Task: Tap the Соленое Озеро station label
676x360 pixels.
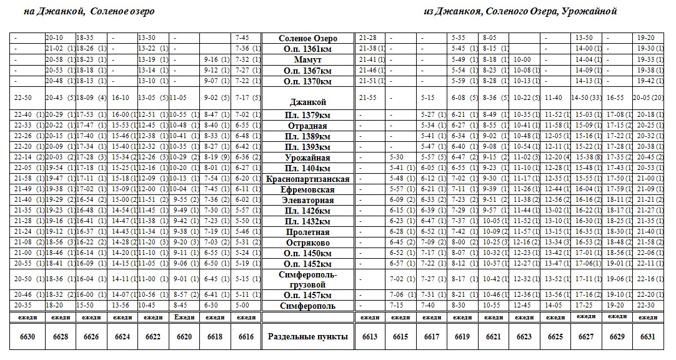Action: coord(307,39)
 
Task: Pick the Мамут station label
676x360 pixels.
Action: coord(307,60)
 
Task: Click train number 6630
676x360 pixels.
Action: coord(28,336)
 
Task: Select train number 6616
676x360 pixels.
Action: coord(246,336)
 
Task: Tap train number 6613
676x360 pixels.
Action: coord(370,336)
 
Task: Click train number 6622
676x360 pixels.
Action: coord(152,336)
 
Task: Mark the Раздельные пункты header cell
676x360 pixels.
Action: coord(307,336)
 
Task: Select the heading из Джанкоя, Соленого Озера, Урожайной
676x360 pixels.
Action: coord(520,11)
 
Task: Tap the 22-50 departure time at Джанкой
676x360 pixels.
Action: coord(22,98)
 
